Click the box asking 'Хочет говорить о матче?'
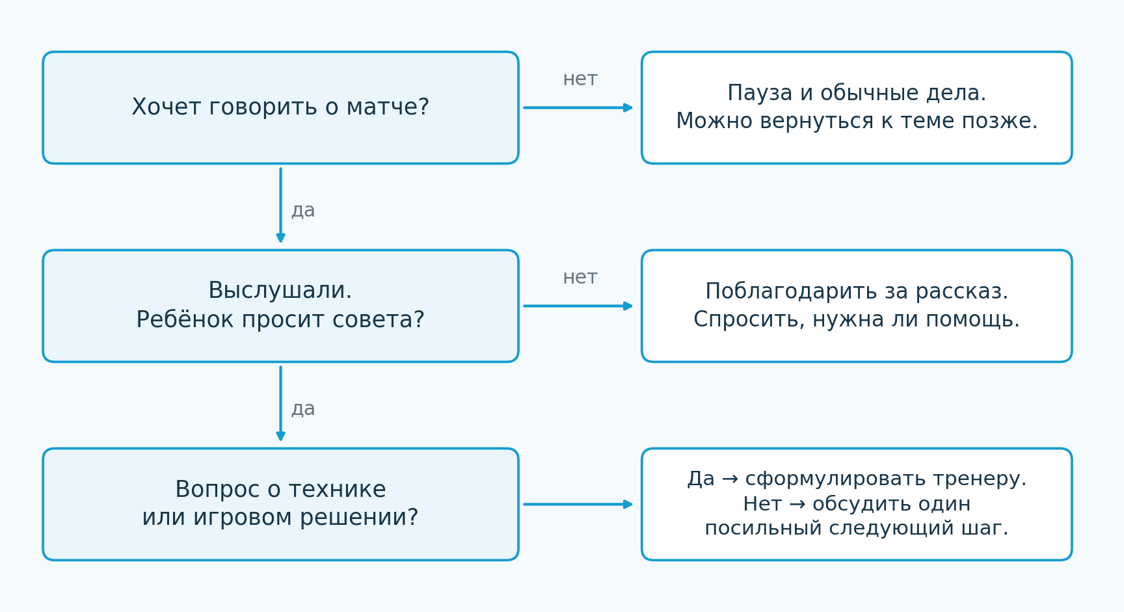coord(280,108)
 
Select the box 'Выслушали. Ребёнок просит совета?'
coord(280,306)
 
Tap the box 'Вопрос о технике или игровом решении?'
coord(280,504)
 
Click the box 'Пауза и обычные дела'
coord(857,108)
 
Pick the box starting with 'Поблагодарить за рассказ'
coord(857,306)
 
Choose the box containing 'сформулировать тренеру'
coord(857,504)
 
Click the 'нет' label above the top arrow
coord(580,79)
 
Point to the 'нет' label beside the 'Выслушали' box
coord(580,278)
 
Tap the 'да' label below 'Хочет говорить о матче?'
coord(303,211)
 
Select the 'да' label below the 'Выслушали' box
coord(303,409)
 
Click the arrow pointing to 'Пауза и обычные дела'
coord(578,108)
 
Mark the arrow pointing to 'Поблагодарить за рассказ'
coord(578,306)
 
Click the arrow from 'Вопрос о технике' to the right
coord(578,504)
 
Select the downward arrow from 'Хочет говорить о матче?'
coord(280,205)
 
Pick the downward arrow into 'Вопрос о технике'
coord(280,403)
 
